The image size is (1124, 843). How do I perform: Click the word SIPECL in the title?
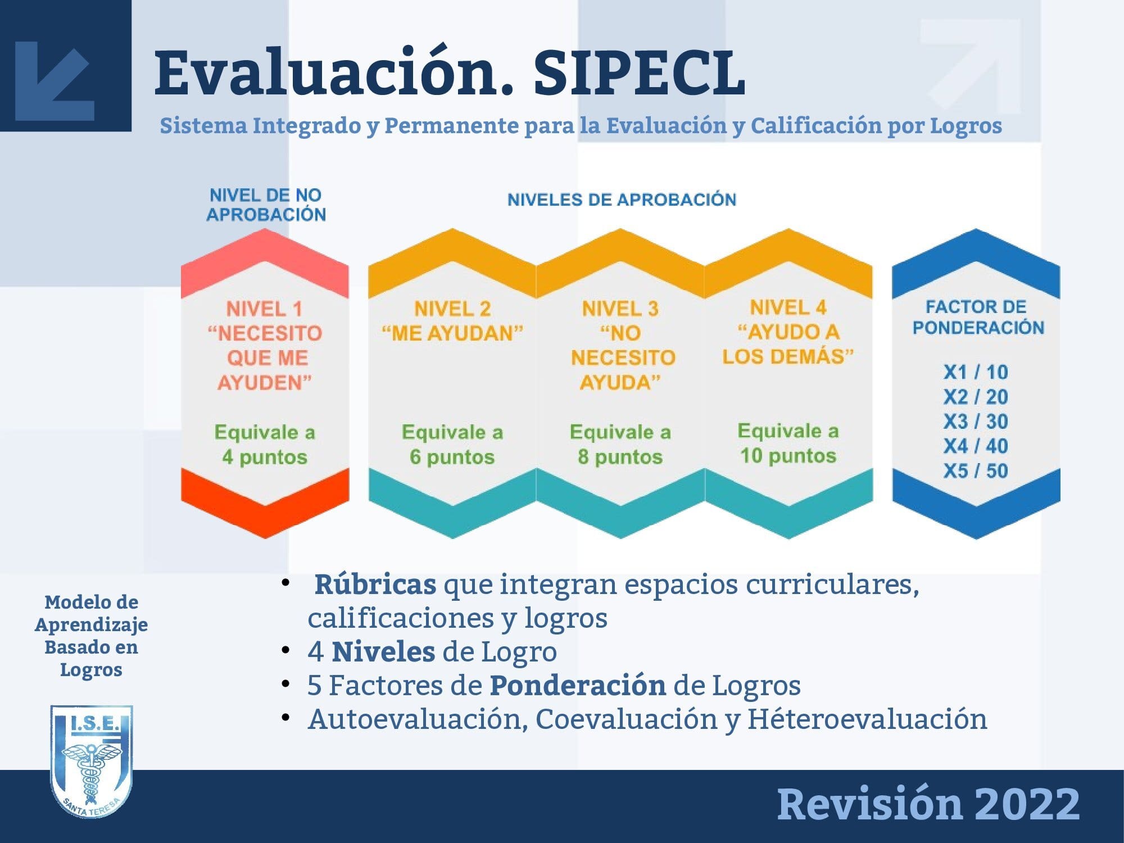coord(640,72)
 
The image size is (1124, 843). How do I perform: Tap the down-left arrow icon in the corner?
coord(54,80)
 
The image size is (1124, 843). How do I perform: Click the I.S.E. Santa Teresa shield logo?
coord(92,762)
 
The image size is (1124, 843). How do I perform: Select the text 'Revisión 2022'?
coord(928,804)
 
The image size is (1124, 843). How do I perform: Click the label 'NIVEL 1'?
coord(264,309)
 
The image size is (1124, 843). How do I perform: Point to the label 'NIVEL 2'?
coord(452,309)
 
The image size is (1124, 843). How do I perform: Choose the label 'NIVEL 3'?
coord(620,309)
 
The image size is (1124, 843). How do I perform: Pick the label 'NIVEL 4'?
coord(788,307)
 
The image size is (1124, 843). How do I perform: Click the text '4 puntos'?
coord(265,457)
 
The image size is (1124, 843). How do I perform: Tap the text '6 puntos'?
coord(452,457)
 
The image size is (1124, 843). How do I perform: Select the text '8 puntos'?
coord(620,457)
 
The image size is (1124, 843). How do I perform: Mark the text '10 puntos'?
coord(788,456)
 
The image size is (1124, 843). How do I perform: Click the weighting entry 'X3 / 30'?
coord(976,422)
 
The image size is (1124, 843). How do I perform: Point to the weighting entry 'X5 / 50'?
coord(976,471)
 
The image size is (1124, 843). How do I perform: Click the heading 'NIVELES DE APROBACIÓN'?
coord(622,200)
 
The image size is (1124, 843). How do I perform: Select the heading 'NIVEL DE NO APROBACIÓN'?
coord(266,205)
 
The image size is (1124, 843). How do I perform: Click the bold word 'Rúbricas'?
coord(375,584)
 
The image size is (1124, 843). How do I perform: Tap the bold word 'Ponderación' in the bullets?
coord(578,686)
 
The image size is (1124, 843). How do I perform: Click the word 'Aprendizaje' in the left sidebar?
coord(92,626)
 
